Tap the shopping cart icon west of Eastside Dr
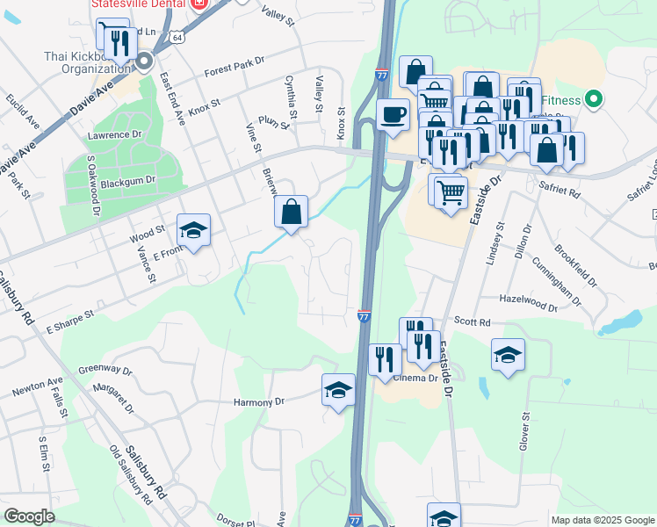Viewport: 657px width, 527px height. point(451,191)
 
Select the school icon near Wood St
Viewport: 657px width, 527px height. point(193,231)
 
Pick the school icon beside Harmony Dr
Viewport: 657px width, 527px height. point(338,391)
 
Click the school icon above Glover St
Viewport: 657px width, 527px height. point(508,356)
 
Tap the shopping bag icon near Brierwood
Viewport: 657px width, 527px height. point(291,213)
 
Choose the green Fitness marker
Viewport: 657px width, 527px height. point(594,99)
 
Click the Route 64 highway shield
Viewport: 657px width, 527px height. point(178,38)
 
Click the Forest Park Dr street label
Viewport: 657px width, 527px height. point(235,67)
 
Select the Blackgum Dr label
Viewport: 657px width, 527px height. point(127,179)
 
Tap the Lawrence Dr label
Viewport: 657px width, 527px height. point(114,135)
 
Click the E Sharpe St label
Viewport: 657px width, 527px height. point(64,318)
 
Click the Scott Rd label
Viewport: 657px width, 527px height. point(473,322)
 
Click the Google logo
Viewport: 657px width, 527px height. point(30,516)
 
